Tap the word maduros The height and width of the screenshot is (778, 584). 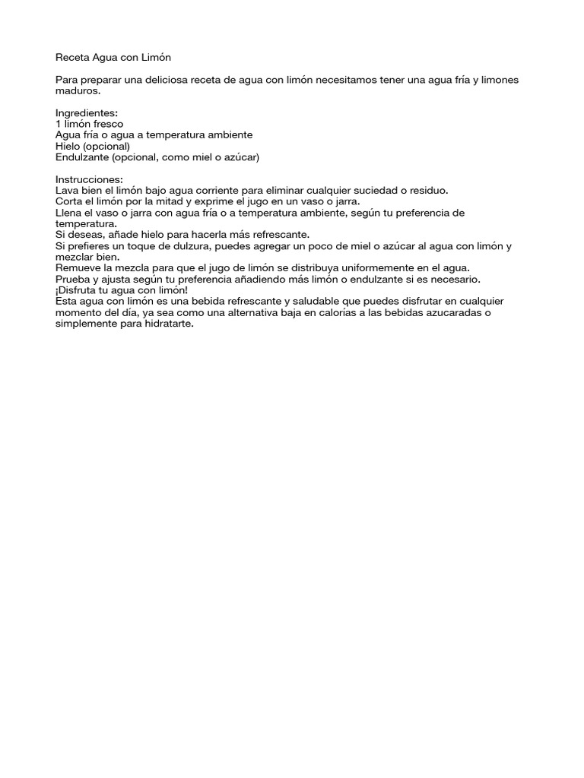[x=78, y=90]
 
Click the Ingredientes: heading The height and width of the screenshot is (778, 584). [x=87, y=112]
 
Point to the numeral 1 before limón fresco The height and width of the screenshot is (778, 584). [x=59, y=124]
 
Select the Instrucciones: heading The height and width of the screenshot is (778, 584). [x=89, y=179]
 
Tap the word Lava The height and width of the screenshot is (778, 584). [x=67, y=191]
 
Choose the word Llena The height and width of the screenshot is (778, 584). [x=70, y=213]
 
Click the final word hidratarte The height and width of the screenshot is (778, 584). [x=169, y=324]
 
